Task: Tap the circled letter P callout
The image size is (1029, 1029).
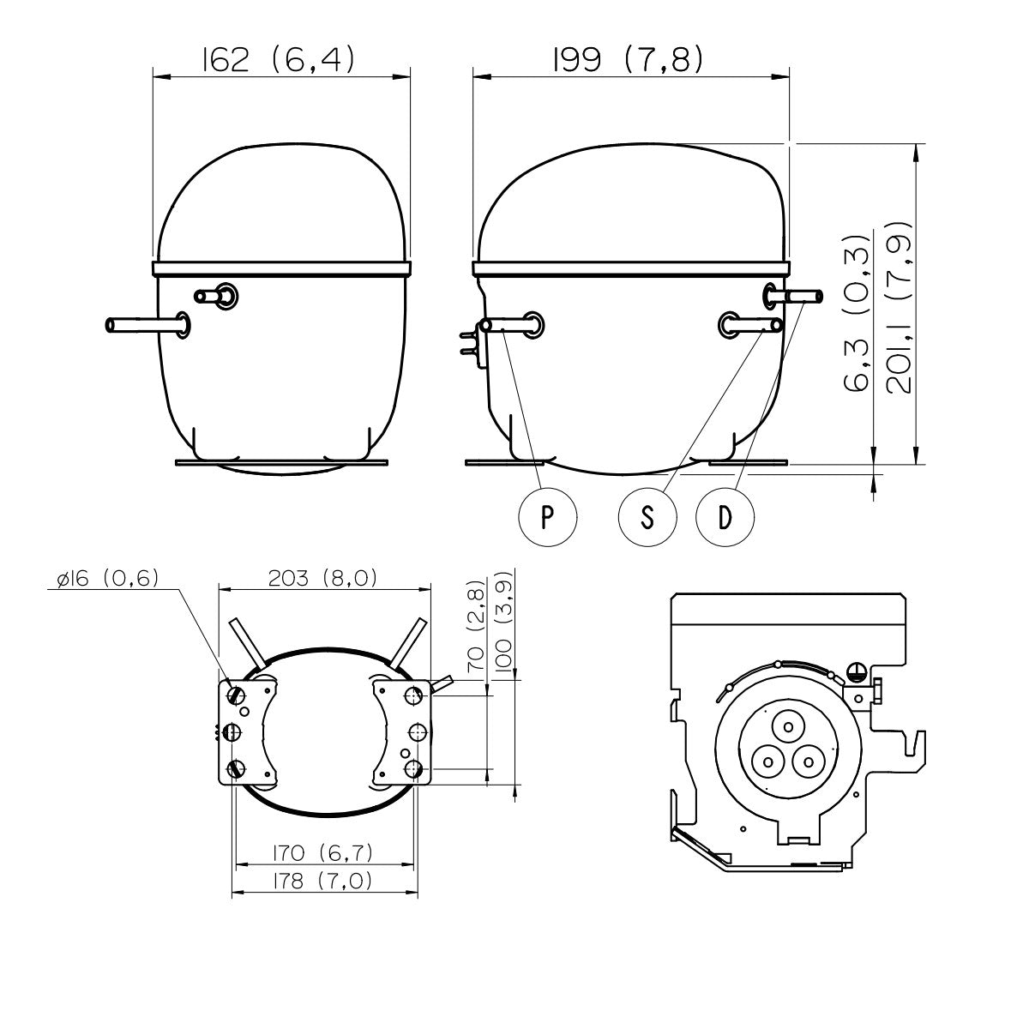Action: [x=547, y=517]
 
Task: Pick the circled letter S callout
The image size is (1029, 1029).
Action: [x=647, y=517]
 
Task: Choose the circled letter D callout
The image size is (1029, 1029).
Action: [x=725, y=517]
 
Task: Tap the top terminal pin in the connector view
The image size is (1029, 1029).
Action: [x=788, y=727]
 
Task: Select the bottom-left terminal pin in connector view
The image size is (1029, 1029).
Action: [x=767, y=762]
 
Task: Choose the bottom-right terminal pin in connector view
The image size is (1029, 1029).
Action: [x=809, y=762]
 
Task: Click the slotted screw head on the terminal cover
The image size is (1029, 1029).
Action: [x=856, y=671]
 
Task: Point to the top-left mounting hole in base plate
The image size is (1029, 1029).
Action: [x=236, y=695]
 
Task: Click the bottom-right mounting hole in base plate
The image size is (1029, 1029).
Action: [x=414, y=769]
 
